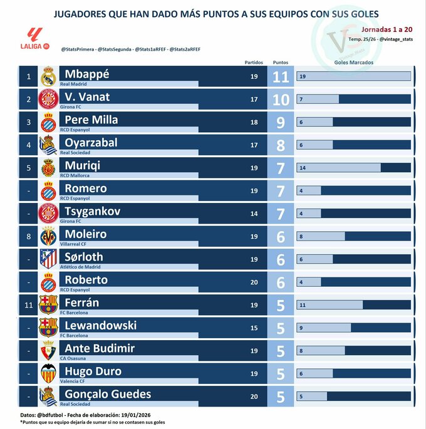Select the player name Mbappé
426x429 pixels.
coord(85,74)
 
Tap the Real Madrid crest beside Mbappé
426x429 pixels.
coord(48,77)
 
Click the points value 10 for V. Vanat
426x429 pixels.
coord(281,100)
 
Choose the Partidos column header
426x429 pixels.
coord(254,63)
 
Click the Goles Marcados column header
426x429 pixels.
coord(354,63)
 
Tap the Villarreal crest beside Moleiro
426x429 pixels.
coord(48,237)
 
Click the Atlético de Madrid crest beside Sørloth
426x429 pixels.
coord(48,259)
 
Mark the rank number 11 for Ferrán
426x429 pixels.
coord(28,305)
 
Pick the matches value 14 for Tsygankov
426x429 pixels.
coord(254,214)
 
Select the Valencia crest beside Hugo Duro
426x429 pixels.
coord(48,374)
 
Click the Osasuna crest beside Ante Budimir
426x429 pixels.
coord(48,351)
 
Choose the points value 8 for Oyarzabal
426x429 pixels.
coord(281,145)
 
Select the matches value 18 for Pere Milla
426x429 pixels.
coord(254,122)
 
